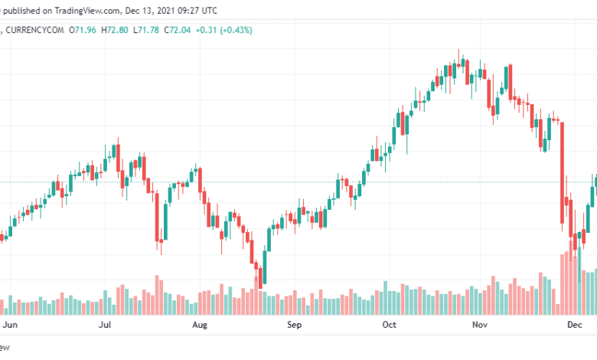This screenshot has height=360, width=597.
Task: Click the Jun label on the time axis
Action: click(10, 325)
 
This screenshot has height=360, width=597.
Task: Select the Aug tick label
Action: click(200, 325)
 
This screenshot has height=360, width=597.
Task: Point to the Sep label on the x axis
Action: click(295, 325)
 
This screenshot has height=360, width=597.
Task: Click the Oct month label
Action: click(390, 325)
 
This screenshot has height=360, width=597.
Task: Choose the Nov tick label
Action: click(480, 325)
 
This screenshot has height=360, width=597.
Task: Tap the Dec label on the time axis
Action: click(575, 325)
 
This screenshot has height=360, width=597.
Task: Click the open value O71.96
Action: click(85, 30)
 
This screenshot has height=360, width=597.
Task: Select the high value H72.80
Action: click(116, 30)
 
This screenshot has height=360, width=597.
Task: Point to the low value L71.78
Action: click(147, 30)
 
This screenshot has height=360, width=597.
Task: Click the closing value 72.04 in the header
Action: click(179, 30)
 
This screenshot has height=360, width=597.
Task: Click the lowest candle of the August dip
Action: click(259, 276)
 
